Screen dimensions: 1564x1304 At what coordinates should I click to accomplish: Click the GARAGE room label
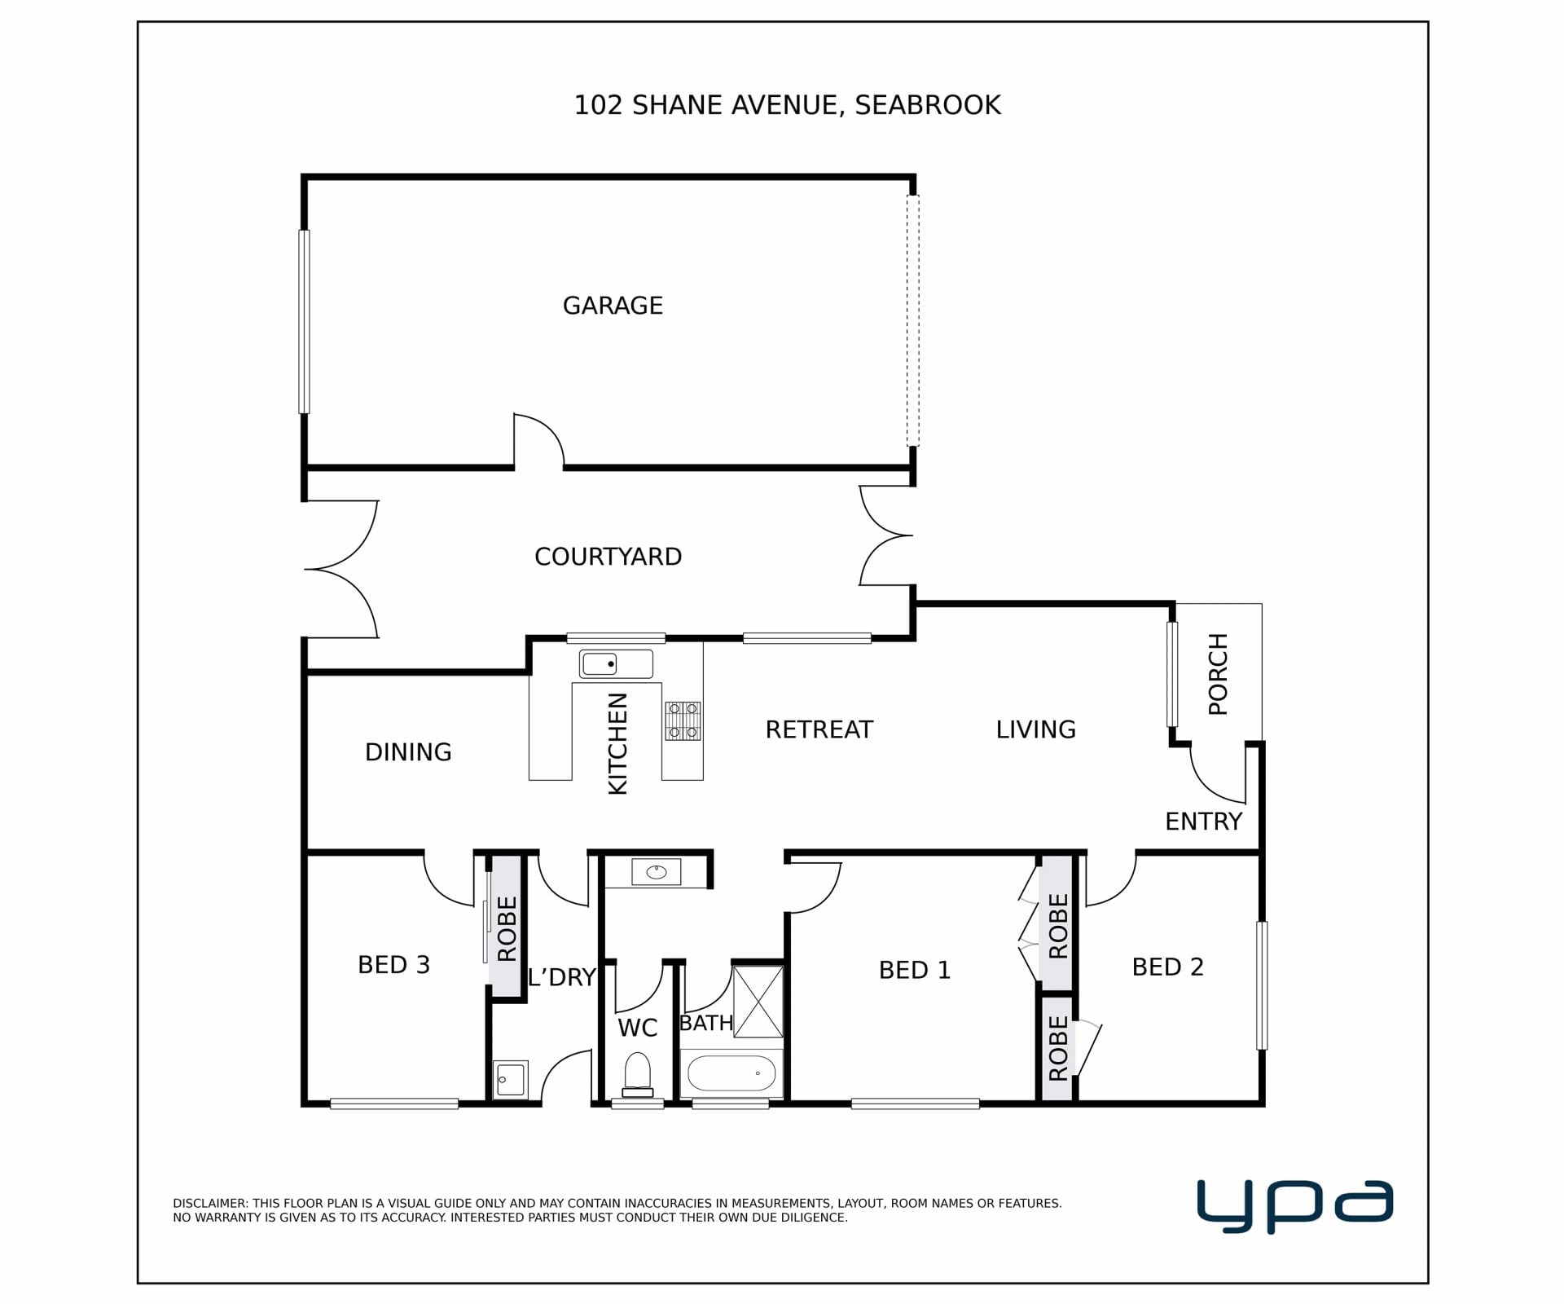[613, 306]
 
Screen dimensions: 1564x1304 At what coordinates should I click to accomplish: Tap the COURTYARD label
[608, 557]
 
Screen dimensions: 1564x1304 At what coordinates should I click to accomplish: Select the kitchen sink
[616, 663]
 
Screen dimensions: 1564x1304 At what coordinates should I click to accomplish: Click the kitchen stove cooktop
[683, 721]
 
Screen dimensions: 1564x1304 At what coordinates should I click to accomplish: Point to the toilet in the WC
[637, 1075]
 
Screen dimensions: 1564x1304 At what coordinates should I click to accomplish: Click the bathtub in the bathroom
[731, 1074]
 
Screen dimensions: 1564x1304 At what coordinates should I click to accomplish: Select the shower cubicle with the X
[758, 1002]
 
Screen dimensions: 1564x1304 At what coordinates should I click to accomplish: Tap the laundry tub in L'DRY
[511, 1080]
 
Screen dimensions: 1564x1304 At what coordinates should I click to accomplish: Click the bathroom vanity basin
[657, 872]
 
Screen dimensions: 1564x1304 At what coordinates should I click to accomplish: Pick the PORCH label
[1218, 674]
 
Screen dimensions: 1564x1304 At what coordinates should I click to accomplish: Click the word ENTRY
[1203, 822]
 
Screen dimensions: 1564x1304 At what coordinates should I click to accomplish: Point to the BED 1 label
[915, 970]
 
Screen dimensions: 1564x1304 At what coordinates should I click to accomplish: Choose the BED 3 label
[393, 965]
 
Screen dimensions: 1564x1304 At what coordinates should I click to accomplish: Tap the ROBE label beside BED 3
[507, 929]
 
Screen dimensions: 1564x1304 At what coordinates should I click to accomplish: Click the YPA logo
[1294, 1207]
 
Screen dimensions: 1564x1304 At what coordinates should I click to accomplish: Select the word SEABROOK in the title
[928, 105]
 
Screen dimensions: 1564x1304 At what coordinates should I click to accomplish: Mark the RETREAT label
[819, 729]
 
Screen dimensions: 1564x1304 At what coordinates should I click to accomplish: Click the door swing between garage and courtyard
[538, 441]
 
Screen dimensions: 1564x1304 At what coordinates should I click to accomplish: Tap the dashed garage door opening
[913, 320]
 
